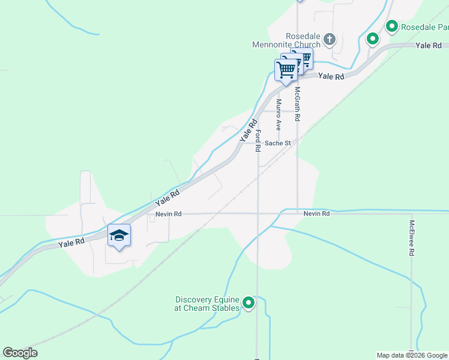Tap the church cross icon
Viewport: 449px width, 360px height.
[x=329, y=40]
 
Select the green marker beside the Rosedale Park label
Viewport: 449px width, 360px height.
[x=392, y=26]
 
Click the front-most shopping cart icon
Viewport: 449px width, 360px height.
[x=286, y=70]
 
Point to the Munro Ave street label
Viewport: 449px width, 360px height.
[x=279, y=115]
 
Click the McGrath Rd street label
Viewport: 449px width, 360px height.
[x=297, y=104]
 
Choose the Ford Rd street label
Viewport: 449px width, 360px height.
[x=258, y=140]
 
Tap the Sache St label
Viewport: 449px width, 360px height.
[x=278, y=143]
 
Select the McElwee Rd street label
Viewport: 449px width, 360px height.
[x=412, y=238]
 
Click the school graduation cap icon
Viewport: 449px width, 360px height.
[x=119, y=235]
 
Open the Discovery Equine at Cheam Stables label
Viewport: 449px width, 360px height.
[x=207, y=304]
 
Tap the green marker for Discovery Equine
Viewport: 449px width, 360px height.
[x=249, y=304]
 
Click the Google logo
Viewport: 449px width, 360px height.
[x=20, y=353]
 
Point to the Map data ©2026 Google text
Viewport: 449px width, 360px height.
[x=412, y=355]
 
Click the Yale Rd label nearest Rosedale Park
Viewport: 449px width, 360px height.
[x=428, y=45]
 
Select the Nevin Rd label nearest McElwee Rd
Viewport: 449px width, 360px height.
[x=316, y=214]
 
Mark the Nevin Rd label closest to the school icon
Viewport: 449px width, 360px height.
[x=168, y=214]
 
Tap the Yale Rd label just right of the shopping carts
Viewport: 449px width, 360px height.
[x=331, y=76]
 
